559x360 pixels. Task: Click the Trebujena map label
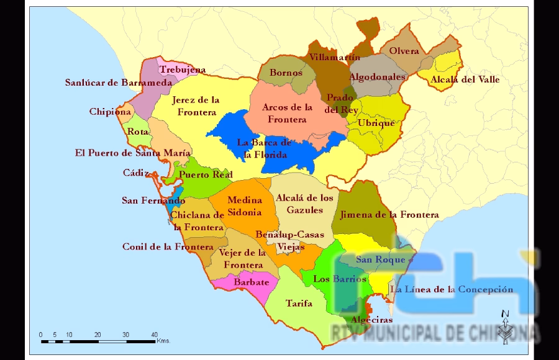pyautogui.click(x=183, y=70)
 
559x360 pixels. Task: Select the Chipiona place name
pyautogui.click(x=110, y=112)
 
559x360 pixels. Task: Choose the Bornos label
pyautogui.click(x=286, y=73)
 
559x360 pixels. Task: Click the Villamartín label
pyautogui.click(x=335, y=57)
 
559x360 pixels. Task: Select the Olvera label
pyautogui.click(x=404, y=51)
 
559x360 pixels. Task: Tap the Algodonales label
pyautogui.click(x=377, y=77)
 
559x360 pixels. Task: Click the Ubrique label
pyautogui.click(x=376, y=123)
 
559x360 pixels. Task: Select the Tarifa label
pyautogui.click(x=299, y=304)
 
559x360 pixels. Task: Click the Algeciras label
pyautogui.click(x=371, y=320)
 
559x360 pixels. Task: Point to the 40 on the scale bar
pyautogui.click(x=154, y=335)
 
